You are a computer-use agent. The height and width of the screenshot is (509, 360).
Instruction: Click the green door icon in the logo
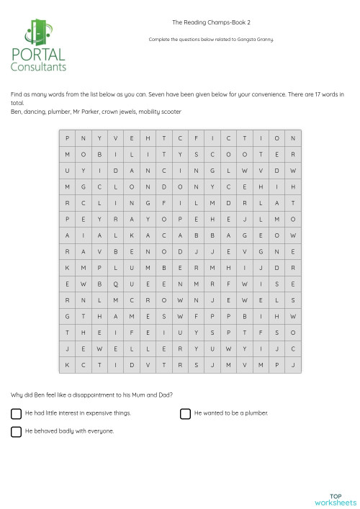click(x=38, y=31)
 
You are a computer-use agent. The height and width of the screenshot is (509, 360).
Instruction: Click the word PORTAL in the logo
click(x=38, y=54)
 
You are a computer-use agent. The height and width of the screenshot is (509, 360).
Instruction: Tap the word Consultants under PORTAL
click(x=38, y=67)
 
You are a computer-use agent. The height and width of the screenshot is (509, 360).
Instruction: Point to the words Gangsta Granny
click(x=258, y=40)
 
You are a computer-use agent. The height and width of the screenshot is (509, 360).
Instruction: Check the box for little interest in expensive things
click(x=16, y=413)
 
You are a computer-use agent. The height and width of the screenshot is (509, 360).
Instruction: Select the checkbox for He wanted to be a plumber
click(x=186, y=413)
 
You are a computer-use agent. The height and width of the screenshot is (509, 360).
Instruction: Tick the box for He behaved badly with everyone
click(x=16, y=431)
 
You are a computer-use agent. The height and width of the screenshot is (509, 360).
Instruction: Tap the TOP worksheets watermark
click(x=336, y=499)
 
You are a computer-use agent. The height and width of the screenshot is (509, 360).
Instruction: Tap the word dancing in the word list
click(x=33, y=112)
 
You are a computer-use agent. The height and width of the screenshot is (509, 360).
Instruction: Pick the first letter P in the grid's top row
click(x=68, y=138)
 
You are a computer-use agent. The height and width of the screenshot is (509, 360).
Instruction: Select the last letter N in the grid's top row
click(x=293, y=138)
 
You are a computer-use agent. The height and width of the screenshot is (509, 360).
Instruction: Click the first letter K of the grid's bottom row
click(x=68, y=365)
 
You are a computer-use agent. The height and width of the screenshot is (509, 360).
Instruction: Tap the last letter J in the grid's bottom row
click(x=293, y=365)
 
